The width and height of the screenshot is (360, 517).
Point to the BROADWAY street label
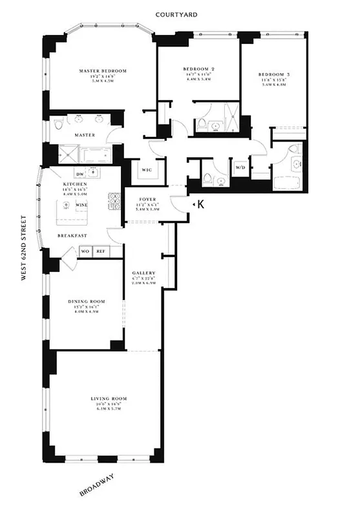[96, 484]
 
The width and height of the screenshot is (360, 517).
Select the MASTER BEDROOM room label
[102, 70]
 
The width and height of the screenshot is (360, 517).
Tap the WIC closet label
[146, 171]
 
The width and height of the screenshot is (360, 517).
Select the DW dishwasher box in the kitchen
[80, 174]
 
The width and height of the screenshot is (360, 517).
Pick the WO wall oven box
[85, 251]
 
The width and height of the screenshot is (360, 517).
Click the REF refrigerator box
[101, 251]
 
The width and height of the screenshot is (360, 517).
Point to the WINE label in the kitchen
[82, 205]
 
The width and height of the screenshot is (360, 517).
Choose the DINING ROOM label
[86, 302]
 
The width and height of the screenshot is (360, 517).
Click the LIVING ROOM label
[108, 407]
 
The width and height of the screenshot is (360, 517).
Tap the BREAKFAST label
[71, 236]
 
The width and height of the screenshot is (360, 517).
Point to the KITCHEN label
[70, 184]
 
